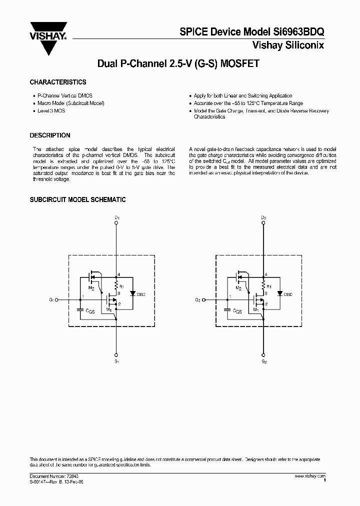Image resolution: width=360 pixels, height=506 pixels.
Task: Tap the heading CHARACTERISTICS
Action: [58, 82]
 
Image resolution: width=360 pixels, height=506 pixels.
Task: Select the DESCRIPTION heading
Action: [50, 135]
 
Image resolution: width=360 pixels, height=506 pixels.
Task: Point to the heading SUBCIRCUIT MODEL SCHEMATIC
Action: [77, 199]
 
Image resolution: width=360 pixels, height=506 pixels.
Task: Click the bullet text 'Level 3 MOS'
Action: [51, 110]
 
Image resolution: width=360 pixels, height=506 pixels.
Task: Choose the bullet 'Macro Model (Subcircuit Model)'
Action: [71, 103]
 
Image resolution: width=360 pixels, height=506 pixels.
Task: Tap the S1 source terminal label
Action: [116, 360]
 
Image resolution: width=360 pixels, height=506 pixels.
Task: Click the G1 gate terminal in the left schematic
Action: [56, 300]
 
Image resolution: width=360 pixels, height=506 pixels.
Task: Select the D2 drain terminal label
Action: [263, 217]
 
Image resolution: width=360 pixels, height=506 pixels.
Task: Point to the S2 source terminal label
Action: [264, 360]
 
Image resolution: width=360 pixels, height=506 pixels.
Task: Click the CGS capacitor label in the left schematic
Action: [90, 310]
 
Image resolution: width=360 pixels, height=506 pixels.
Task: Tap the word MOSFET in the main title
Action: [237, 64]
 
